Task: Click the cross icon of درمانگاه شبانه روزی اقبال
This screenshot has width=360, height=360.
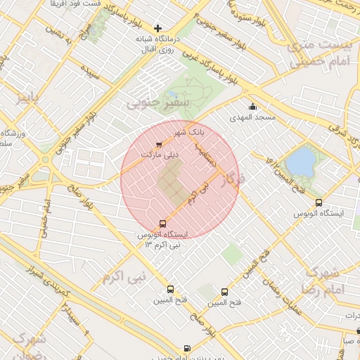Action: click(x=157, y=27)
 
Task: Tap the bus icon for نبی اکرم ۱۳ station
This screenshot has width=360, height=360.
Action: click(x=163, y=224)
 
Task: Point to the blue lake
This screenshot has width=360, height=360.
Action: click(x=301, y=161)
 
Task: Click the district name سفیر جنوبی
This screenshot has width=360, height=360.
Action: click(x=148, y=103)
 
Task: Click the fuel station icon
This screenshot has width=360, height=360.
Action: click(x=186, y=348)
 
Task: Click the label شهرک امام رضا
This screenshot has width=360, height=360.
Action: click(x=323, y=280)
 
